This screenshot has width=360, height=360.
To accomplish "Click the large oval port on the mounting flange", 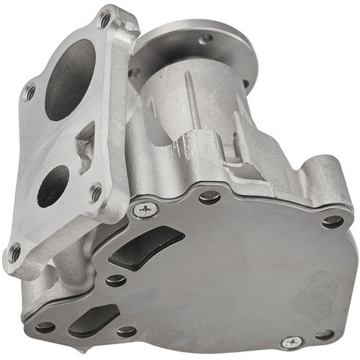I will pos(70,78).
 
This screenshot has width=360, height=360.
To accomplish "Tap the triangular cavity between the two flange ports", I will pos(86,148).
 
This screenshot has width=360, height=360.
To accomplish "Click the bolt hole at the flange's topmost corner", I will pos(105,19).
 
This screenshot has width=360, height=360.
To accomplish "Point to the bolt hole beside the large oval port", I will pos(29,91).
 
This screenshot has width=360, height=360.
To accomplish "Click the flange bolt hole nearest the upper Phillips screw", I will pos(95,192).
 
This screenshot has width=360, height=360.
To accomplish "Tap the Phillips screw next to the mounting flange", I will pos(146,210).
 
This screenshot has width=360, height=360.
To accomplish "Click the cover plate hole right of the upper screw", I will pos(209,196).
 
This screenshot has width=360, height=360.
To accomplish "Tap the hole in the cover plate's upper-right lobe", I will pos(332,221).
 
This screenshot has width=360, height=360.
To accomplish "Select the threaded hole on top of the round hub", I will pos(207,37).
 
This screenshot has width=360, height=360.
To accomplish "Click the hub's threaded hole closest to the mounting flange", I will pos(135,73).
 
